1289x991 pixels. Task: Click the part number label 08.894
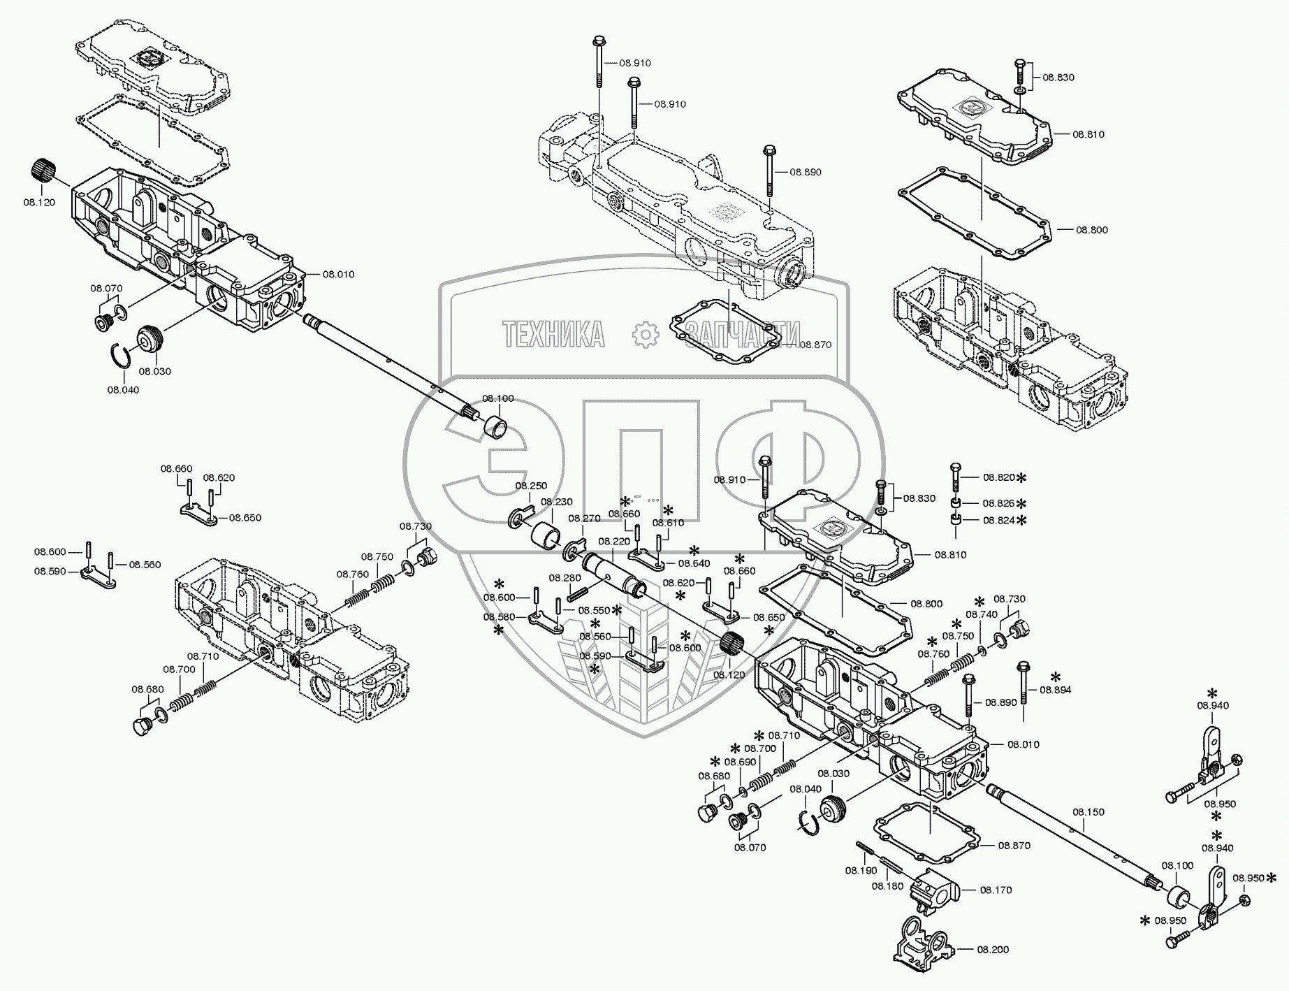(x=1055, y=690)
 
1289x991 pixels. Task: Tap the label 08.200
(x=992, y=950)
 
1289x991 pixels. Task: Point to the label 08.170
(x=996, y=890)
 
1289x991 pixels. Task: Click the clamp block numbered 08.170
(x=933, y=889)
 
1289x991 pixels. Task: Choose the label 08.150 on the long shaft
(x=1088, y=812)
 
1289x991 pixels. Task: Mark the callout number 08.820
(x=998, y=477)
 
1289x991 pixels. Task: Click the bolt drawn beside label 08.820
(x=955, y=477)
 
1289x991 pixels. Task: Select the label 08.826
(x=998, y=503)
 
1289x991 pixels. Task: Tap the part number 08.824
(x=998, y=520)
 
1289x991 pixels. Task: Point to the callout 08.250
(x=531, y=486)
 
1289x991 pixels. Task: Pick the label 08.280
(x=565, y=578)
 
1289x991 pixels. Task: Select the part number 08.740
(x=981, y=614)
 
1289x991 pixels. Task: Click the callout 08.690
(x=740, y=762)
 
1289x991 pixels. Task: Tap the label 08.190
(x=861, y=870)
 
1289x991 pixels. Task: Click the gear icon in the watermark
(x=645, y=335)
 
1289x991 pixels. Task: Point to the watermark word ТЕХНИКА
(x=554, y=335)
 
